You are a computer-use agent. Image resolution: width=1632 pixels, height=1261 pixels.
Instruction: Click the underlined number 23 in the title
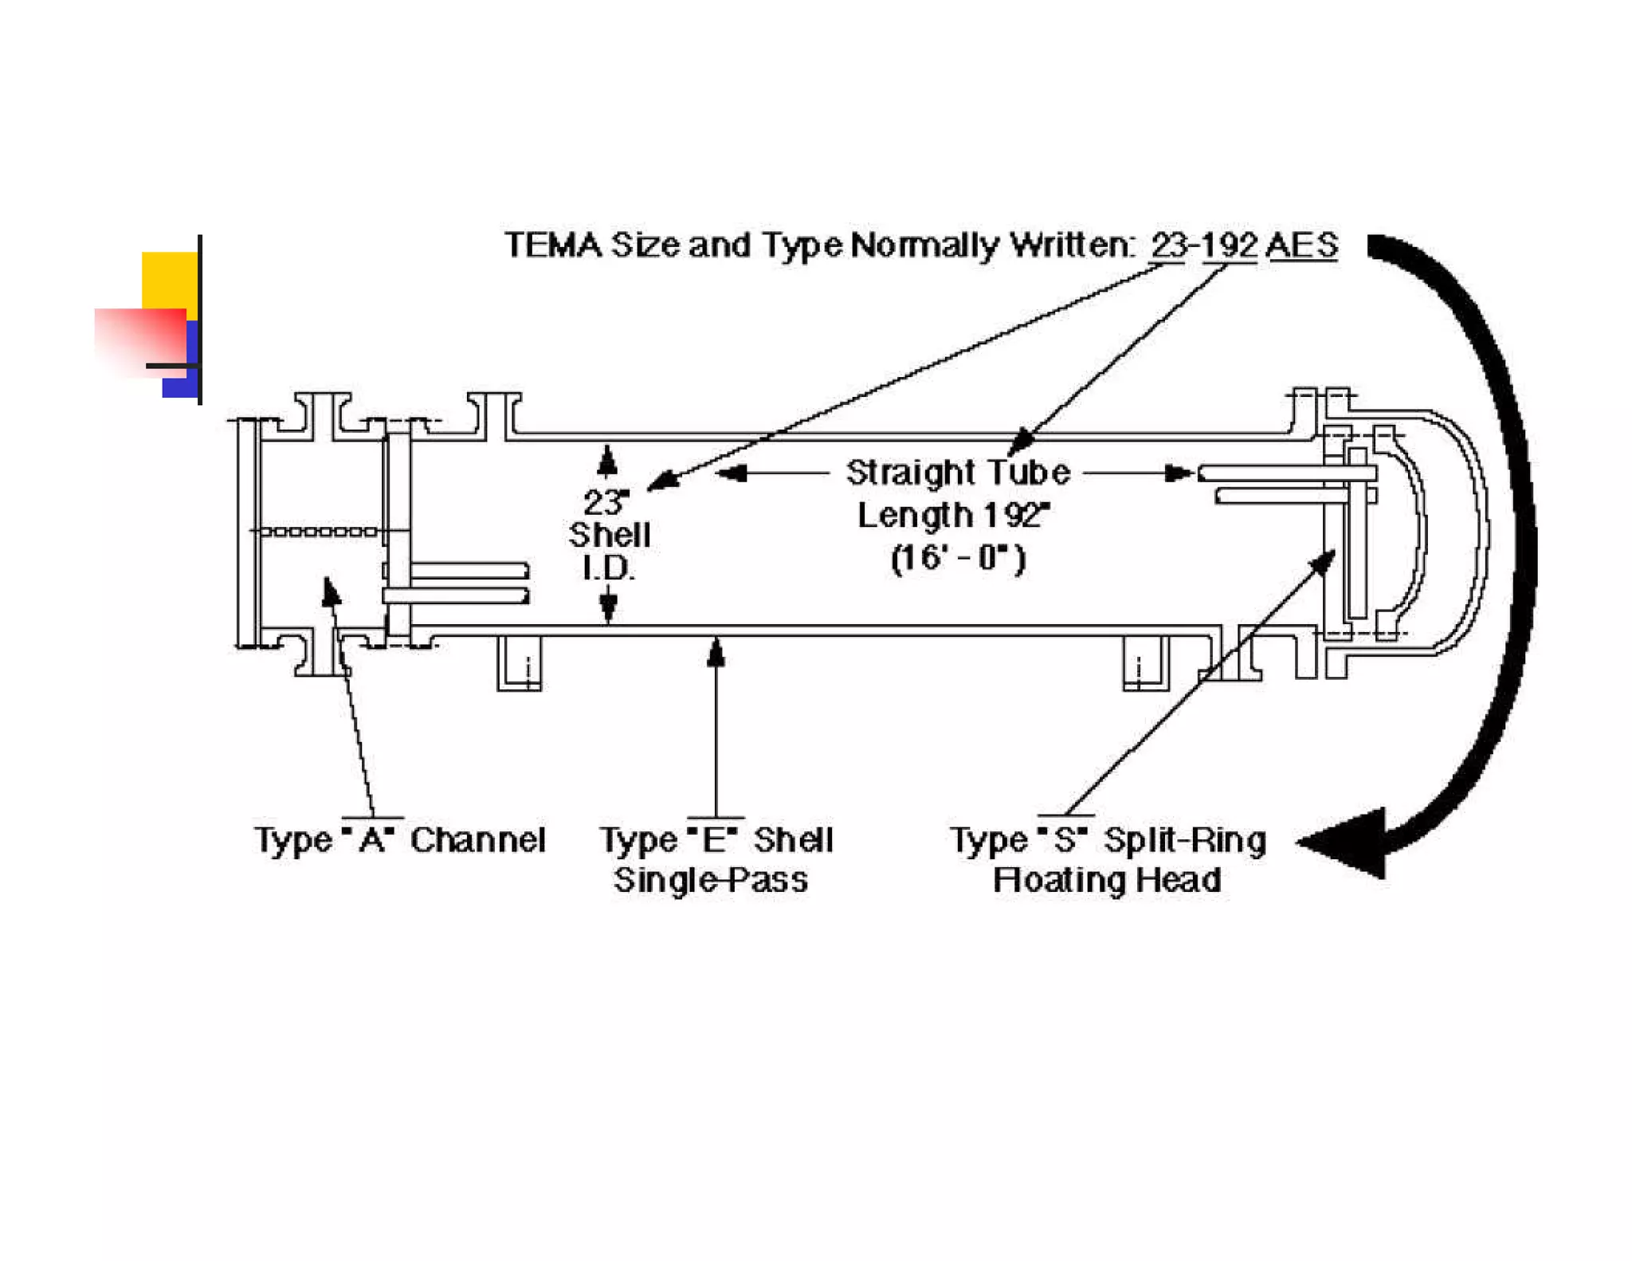1167,245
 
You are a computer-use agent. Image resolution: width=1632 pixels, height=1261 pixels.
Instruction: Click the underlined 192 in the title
1230,245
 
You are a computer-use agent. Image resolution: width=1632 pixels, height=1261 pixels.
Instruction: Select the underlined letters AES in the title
1301,245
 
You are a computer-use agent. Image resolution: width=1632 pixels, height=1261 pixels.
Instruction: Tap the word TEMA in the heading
553,245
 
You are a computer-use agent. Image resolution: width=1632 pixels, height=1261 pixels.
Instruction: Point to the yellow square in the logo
170,279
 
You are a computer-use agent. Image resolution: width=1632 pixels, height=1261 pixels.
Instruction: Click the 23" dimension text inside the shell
606,502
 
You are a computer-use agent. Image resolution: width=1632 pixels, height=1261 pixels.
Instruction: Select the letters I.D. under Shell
608,568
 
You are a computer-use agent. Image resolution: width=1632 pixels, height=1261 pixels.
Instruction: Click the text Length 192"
953,515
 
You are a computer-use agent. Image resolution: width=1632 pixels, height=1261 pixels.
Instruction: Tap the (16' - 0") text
958,557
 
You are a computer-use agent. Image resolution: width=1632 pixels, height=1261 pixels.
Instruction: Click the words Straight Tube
958,473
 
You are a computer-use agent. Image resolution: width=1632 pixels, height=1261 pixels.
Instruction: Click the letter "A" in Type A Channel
372,840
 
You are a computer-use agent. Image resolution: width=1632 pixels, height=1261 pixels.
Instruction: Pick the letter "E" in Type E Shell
715,840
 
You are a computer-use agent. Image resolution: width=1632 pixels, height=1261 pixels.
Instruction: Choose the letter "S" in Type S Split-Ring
1065,840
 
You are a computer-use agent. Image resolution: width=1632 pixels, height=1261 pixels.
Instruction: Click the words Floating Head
1107,880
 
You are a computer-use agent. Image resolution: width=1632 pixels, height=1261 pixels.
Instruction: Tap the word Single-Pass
710,880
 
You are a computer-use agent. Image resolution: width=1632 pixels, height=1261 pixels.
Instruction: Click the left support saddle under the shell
520,663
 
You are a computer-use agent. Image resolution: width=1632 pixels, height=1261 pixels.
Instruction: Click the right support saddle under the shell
1146,663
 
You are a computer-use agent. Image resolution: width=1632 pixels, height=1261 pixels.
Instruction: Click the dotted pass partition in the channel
319,531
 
